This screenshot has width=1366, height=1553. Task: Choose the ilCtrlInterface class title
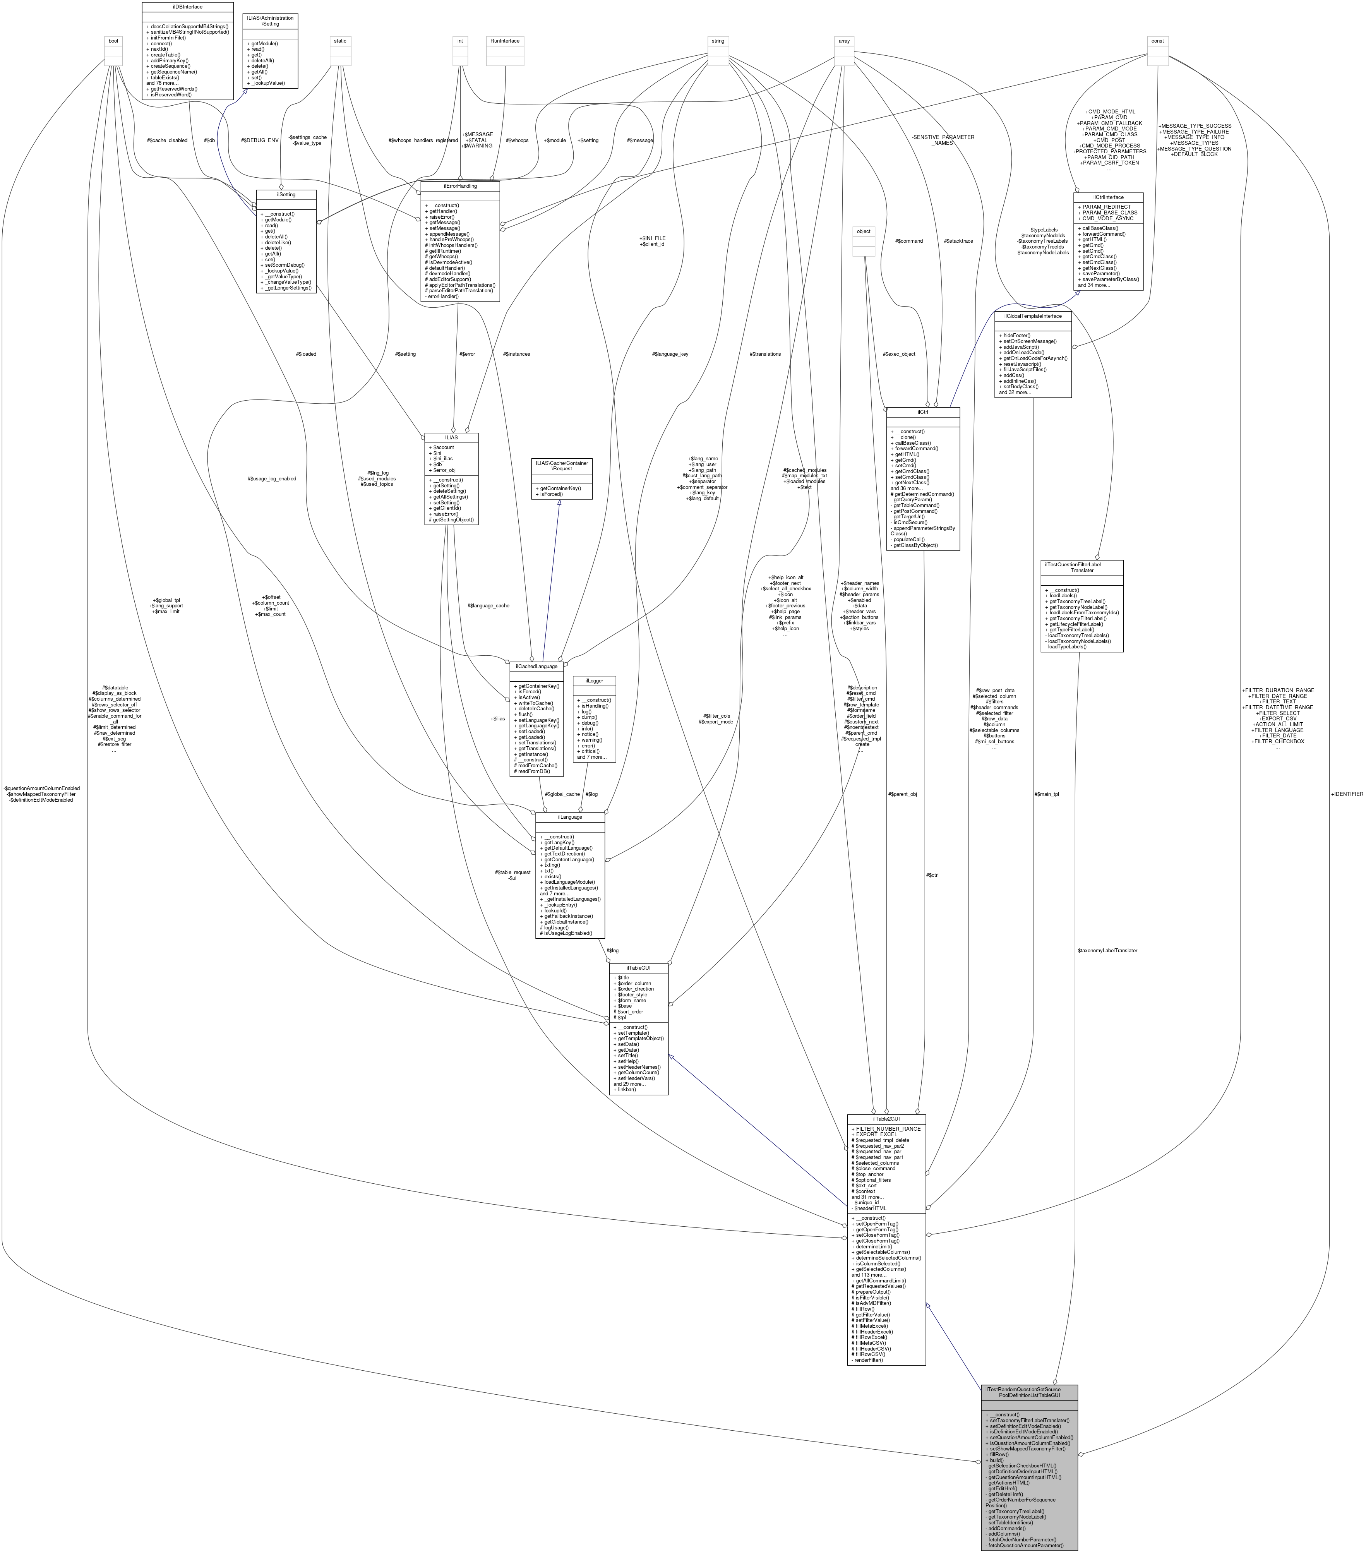point(1109,197)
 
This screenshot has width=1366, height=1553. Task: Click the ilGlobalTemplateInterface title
point(1032,315)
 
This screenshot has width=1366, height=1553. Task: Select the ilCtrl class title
point(922,412)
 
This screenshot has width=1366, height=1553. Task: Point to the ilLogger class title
point(594,681)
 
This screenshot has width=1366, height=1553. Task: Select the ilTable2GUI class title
point(886,1119)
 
